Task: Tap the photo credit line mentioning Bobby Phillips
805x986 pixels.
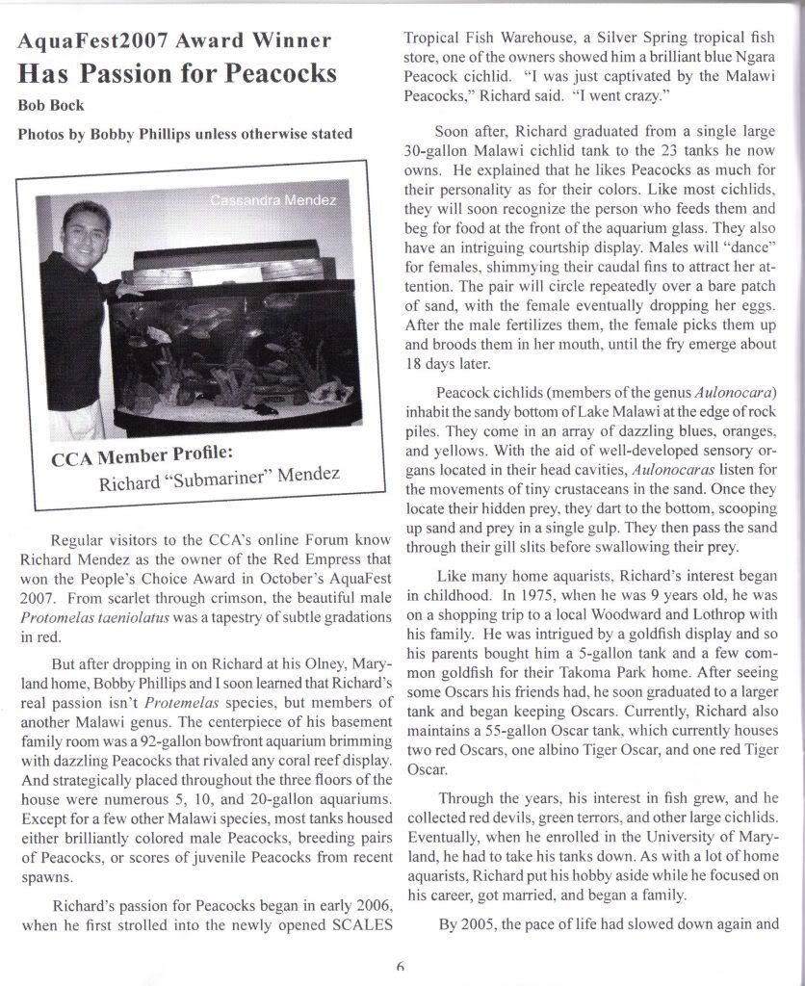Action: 185,134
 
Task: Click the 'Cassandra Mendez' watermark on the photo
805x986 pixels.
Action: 273,200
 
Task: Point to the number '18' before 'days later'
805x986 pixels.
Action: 412,365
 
